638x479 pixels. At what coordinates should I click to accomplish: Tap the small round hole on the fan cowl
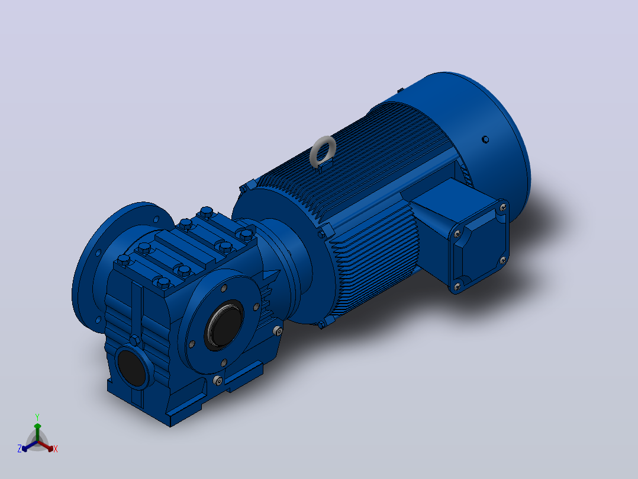click(x=485, y=139)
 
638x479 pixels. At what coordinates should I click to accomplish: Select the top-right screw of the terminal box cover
click(x=503, y=207)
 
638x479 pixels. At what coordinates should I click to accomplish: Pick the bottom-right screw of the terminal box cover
click(x=503, y=260)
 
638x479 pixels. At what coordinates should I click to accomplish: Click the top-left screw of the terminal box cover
click(x=457, y=234)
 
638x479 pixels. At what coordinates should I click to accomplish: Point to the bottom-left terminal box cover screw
click(x=457, y=288)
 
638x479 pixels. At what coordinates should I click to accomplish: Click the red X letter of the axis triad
click(x=56, y=449)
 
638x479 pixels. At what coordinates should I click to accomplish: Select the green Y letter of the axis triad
click(x=37, y=417)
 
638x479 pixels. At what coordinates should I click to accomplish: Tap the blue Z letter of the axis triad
click(x=20, y=449)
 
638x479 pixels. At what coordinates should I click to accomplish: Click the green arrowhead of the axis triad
click(x=37, y=426)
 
